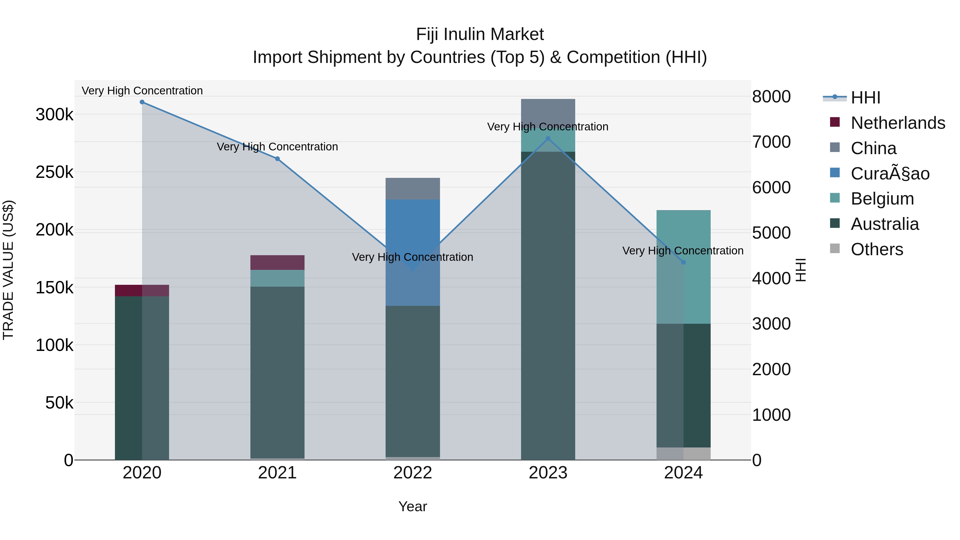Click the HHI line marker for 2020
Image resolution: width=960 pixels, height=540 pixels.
click(142, 102)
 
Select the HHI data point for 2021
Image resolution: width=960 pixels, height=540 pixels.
click(277, 159)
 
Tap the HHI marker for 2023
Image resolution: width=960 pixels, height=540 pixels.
click(548, 139)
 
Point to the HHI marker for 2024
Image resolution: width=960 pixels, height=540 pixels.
click(683, 262)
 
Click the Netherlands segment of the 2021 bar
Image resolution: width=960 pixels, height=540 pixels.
click(277, 262)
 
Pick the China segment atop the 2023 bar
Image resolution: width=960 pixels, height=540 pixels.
click(548, 112)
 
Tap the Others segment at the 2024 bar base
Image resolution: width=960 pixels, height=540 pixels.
click(683, 454)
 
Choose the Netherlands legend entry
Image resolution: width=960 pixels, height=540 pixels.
click(898, 123)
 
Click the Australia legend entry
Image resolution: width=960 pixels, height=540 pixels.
click(885, 224)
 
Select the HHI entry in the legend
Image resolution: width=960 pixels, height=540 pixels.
click(865, 98)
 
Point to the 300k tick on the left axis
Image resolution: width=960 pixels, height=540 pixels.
click(54, 114)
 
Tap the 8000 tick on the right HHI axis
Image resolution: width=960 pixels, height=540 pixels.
click(771, 97)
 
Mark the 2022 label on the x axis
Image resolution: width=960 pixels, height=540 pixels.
click(413, 473)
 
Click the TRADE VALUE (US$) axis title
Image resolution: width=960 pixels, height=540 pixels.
click(8, 270)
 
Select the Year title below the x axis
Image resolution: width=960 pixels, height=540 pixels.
click(413, 506)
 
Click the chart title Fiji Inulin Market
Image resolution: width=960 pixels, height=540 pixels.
click(480, 34)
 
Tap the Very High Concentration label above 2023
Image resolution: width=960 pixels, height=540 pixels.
click(547, 127)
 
